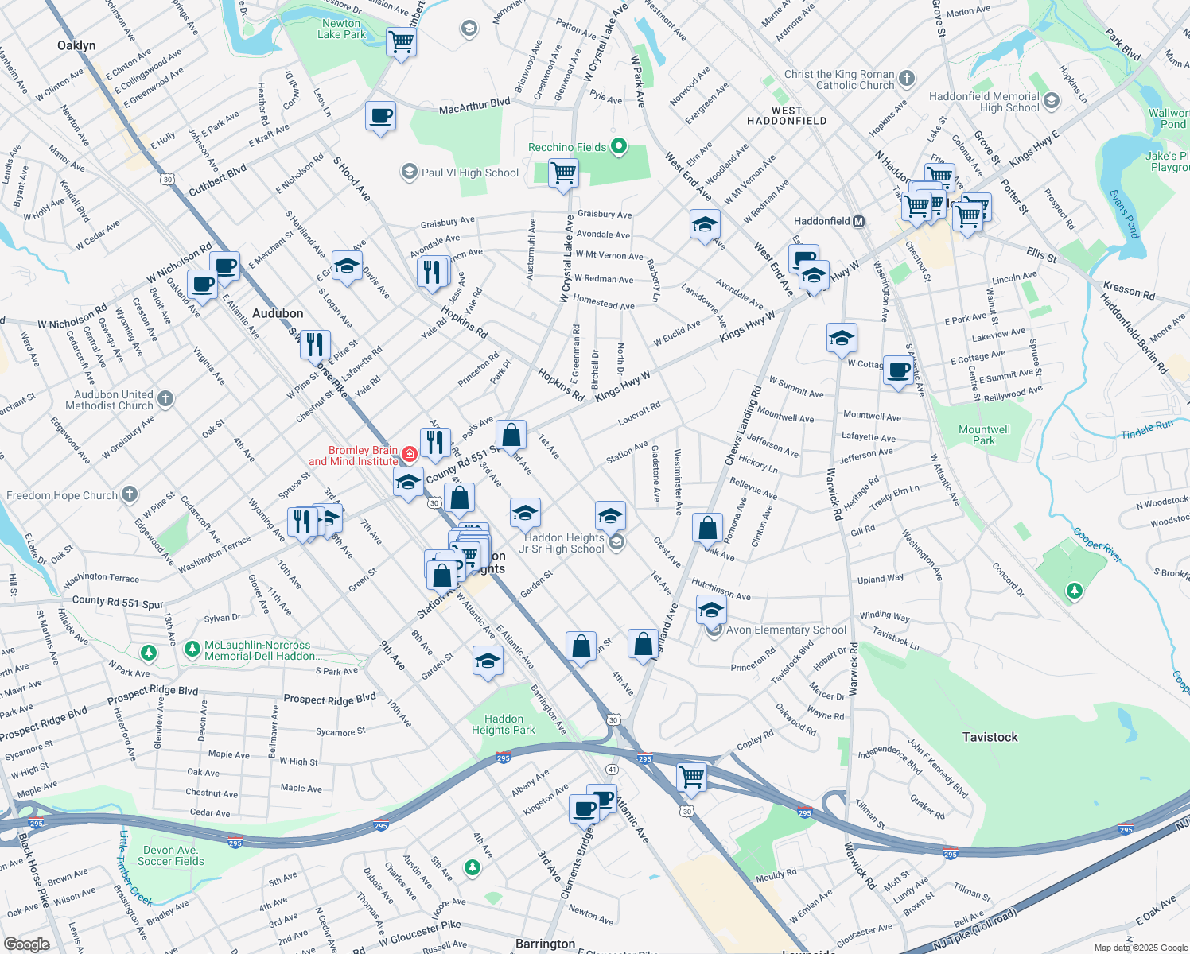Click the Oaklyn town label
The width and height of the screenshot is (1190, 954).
coord(76,45)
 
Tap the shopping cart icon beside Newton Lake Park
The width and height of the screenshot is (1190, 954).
coord(402,41)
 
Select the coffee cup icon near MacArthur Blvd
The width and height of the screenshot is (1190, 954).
coord(381,115)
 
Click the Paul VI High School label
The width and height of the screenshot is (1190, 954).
coord(469,173)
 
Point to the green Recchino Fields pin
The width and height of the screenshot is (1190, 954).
coord(619,147)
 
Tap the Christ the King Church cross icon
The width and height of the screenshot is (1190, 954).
coord(907,79)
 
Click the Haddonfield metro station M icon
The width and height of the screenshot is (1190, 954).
coord(859,222)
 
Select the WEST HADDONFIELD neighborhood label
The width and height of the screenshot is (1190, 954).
coord(787,116)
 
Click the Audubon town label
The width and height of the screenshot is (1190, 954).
coord(278,313)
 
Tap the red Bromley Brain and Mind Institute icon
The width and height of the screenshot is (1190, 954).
coord(409,455)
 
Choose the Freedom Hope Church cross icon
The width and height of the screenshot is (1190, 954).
coord(129,495)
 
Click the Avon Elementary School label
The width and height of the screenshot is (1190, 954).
coord(786,630)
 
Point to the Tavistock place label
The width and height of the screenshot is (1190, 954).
coord(990,737)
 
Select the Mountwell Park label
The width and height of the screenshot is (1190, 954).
coord(984,435)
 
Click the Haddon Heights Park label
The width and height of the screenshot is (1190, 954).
coord(504,724)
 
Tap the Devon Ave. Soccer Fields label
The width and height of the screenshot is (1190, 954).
coord(170,855)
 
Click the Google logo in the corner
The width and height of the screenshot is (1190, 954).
coord(26,944)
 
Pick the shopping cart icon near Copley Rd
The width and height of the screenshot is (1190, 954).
coord(691,776)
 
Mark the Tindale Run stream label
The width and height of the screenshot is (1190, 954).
coord(1147,429)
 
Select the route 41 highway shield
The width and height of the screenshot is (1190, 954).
coord(612,770)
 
